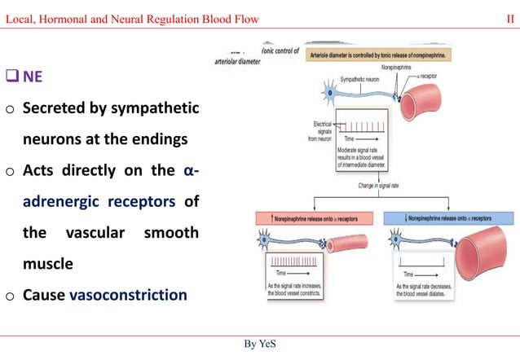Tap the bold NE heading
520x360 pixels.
pyautogui.click(x=33, y=77)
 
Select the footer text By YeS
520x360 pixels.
pyautogui.click(x=260, y=344)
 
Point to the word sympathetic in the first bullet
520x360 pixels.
pyautogui.click(x=153, y=108)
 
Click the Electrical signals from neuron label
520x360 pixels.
pyautogui.click(x=324, y=131)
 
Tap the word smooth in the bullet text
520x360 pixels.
pyautogui.click(x=171, y=233)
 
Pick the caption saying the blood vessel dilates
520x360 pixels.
pyautogui.click(x=431, y=292)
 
